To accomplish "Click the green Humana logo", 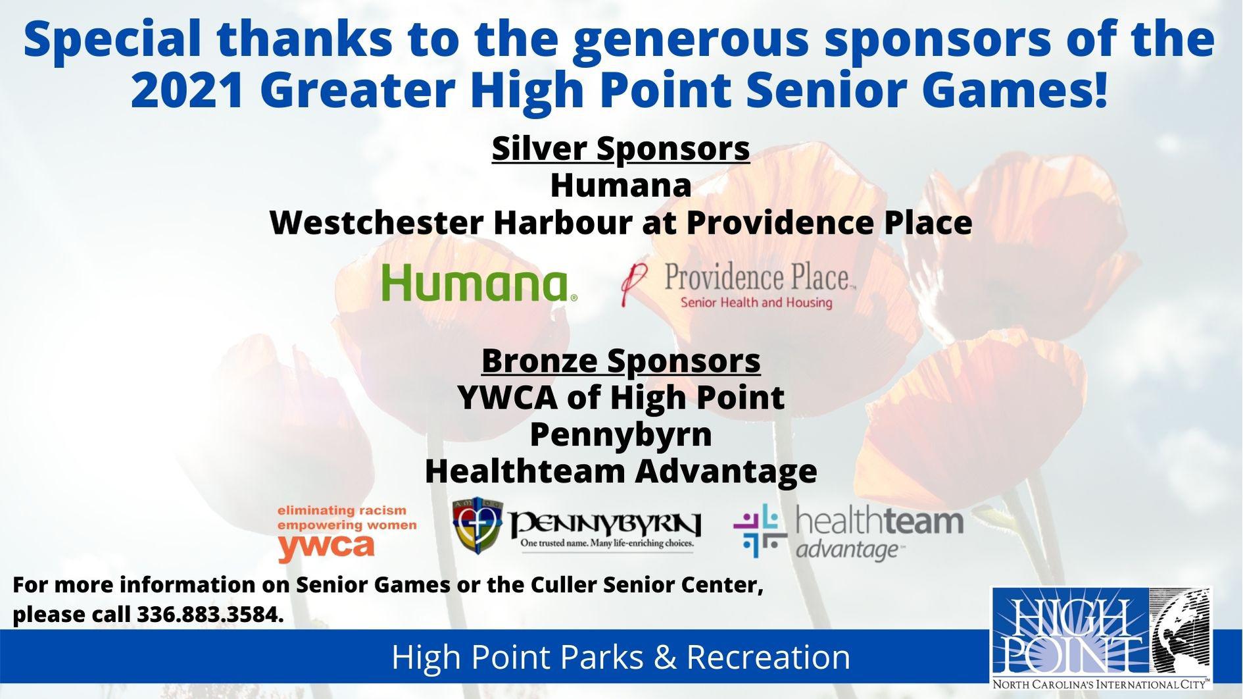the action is point(479,283).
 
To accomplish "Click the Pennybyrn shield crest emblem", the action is point(477,525).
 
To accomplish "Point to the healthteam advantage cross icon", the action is point(760,531).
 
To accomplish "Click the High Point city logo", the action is point(1101,638).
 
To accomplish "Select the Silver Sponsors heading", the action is point(621,148).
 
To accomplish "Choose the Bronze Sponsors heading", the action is point(621,361).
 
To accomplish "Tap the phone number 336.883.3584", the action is point(210,614).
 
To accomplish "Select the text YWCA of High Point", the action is point(621,398).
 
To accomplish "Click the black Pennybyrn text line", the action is point(621,434).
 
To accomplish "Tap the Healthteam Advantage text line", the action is point(621,471).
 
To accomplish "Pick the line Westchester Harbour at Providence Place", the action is point(621,222).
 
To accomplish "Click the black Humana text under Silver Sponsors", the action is point(621,185).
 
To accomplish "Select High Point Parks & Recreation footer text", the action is point(621,657).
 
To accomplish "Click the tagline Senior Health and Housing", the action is point(756,303).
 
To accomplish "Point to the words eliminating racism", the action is point(342,511).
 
